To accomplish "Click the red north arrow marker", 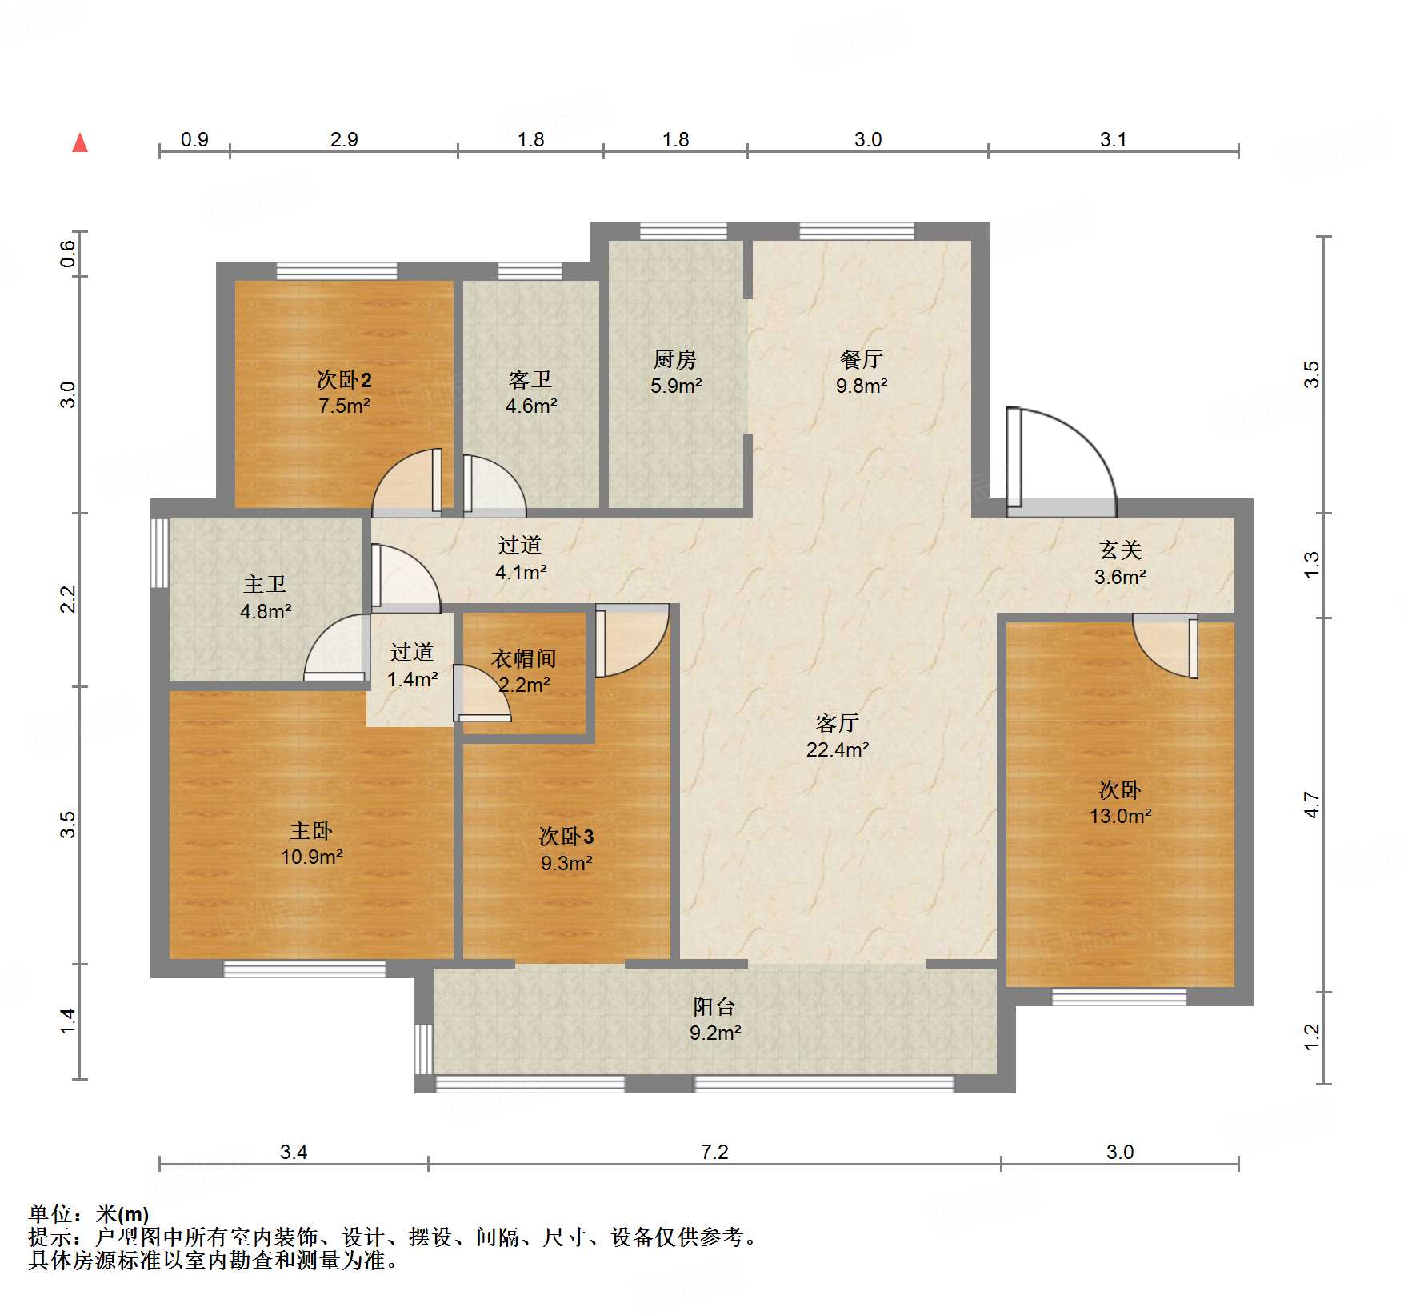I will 80,143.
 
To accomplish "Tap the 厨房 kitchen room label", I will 675,360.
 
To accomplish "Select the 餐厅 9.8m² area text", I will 862,386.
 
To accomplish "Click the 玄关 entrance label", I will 1120,550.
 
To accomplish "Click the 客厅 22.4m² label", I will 838,736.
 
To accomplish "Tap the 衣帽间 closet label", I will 524,659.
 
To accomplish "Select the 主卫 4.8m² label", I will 266,598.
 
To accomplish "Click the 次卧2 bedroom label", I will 344,379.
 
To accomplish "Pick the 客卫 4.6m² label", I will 531,392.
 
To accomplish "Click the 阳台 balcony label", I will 714,1007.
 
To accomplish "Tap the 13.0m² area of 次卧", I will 1120,816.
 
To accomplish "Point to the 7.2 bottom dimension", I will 714,1152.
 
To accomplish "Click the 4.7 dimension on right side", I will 1311,805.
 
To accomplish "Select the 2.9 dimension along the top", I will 344,139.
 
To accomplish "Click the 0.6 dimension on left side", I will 68,254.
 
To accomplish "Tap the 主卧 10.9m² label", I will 311,844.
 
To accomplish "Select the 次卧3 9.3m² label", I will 566,849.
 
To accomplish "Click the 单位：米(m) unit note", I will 89,1214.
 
